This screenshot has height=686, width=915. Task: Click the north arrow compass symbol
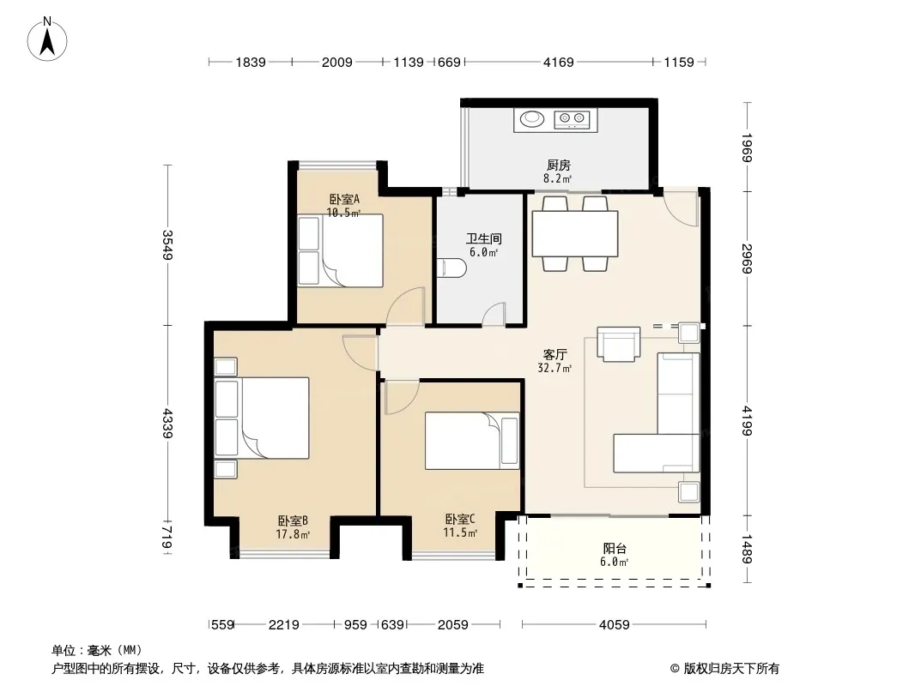tap(47, 39)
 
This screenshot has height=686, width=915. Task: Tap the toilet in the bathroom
tap(452, 268)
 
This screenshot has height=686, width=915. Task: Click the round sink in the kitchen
tap(531, 119)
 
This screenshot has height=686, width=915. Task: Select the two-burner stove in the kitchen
tap(572, 119)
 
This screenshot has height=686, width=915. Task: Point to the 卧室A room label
tap(344, 199)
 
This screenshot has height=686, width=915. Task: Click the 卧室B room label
tap(293, 521)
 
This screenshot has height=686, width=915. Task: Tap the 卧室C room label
tap(460, 519)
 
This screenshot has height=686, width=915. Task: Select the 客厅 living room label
tap(555, 354)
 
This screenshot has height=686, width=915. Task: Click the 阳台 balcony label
tap(615, 549)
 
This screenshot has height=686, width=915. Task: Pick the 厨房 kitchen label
tap(559, 165)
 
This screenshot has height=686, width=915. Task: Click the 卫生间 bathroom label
tap(484, 238)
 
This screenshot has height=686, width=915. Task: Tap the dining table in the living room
tap(575, 234)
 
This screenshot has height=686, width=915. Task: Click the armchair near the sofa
tap(619, 344)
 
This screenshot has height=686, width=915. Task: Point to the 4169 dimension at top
tap(559, 62)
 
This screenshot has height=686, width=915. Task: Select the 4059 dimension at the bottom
tap(614, 625)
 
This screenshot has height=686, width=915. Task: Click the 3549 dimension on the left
tap(167, 244)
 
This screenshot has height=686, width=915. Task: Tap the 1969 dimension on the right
tap(748, 147)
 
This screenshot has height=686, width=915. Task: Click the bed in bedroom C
tap(472, 441)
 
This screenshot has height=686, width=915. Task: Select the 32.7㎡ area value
tap(554, 369)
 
